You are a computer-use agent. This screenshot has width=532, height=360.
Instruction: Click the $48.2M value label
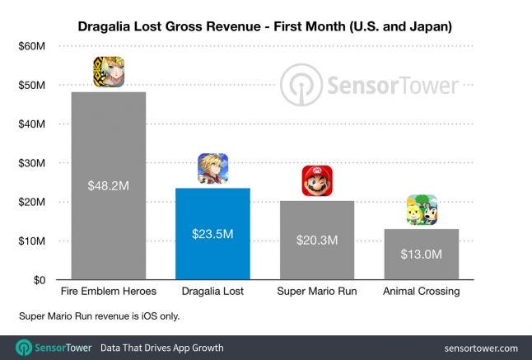tap(109, 186)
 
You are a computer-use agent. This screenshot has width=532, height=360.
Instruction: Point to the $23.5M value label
tap(212, 235)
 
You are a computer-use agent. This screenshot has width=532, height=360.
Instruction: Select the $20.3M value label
tap(317, 241)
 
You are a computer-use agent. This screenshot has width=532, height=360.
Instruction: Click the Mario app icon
tap(317, 181)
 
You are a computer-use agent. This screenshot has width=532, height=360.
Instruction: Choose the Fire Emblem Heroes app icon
tap(109, 72)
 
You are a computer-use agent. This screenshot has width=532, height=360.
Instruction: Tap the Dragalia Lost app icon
tap(212, 169)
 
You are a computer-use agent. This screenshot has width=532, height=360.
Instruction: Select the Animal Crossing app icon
tap(422, 210)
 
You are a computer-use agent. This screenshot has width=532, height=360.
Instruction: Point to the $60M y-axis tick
tap(30, 46)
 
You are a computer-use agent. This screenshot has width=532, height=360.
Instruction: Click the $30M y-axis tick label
tap(30, 163)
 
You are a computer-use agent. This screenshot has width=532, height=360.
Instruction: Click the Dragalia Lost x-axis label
tap(212, 292)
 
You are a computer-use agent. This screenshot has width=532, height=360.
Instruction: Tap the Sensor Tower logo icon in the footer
tap(25, 347)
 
